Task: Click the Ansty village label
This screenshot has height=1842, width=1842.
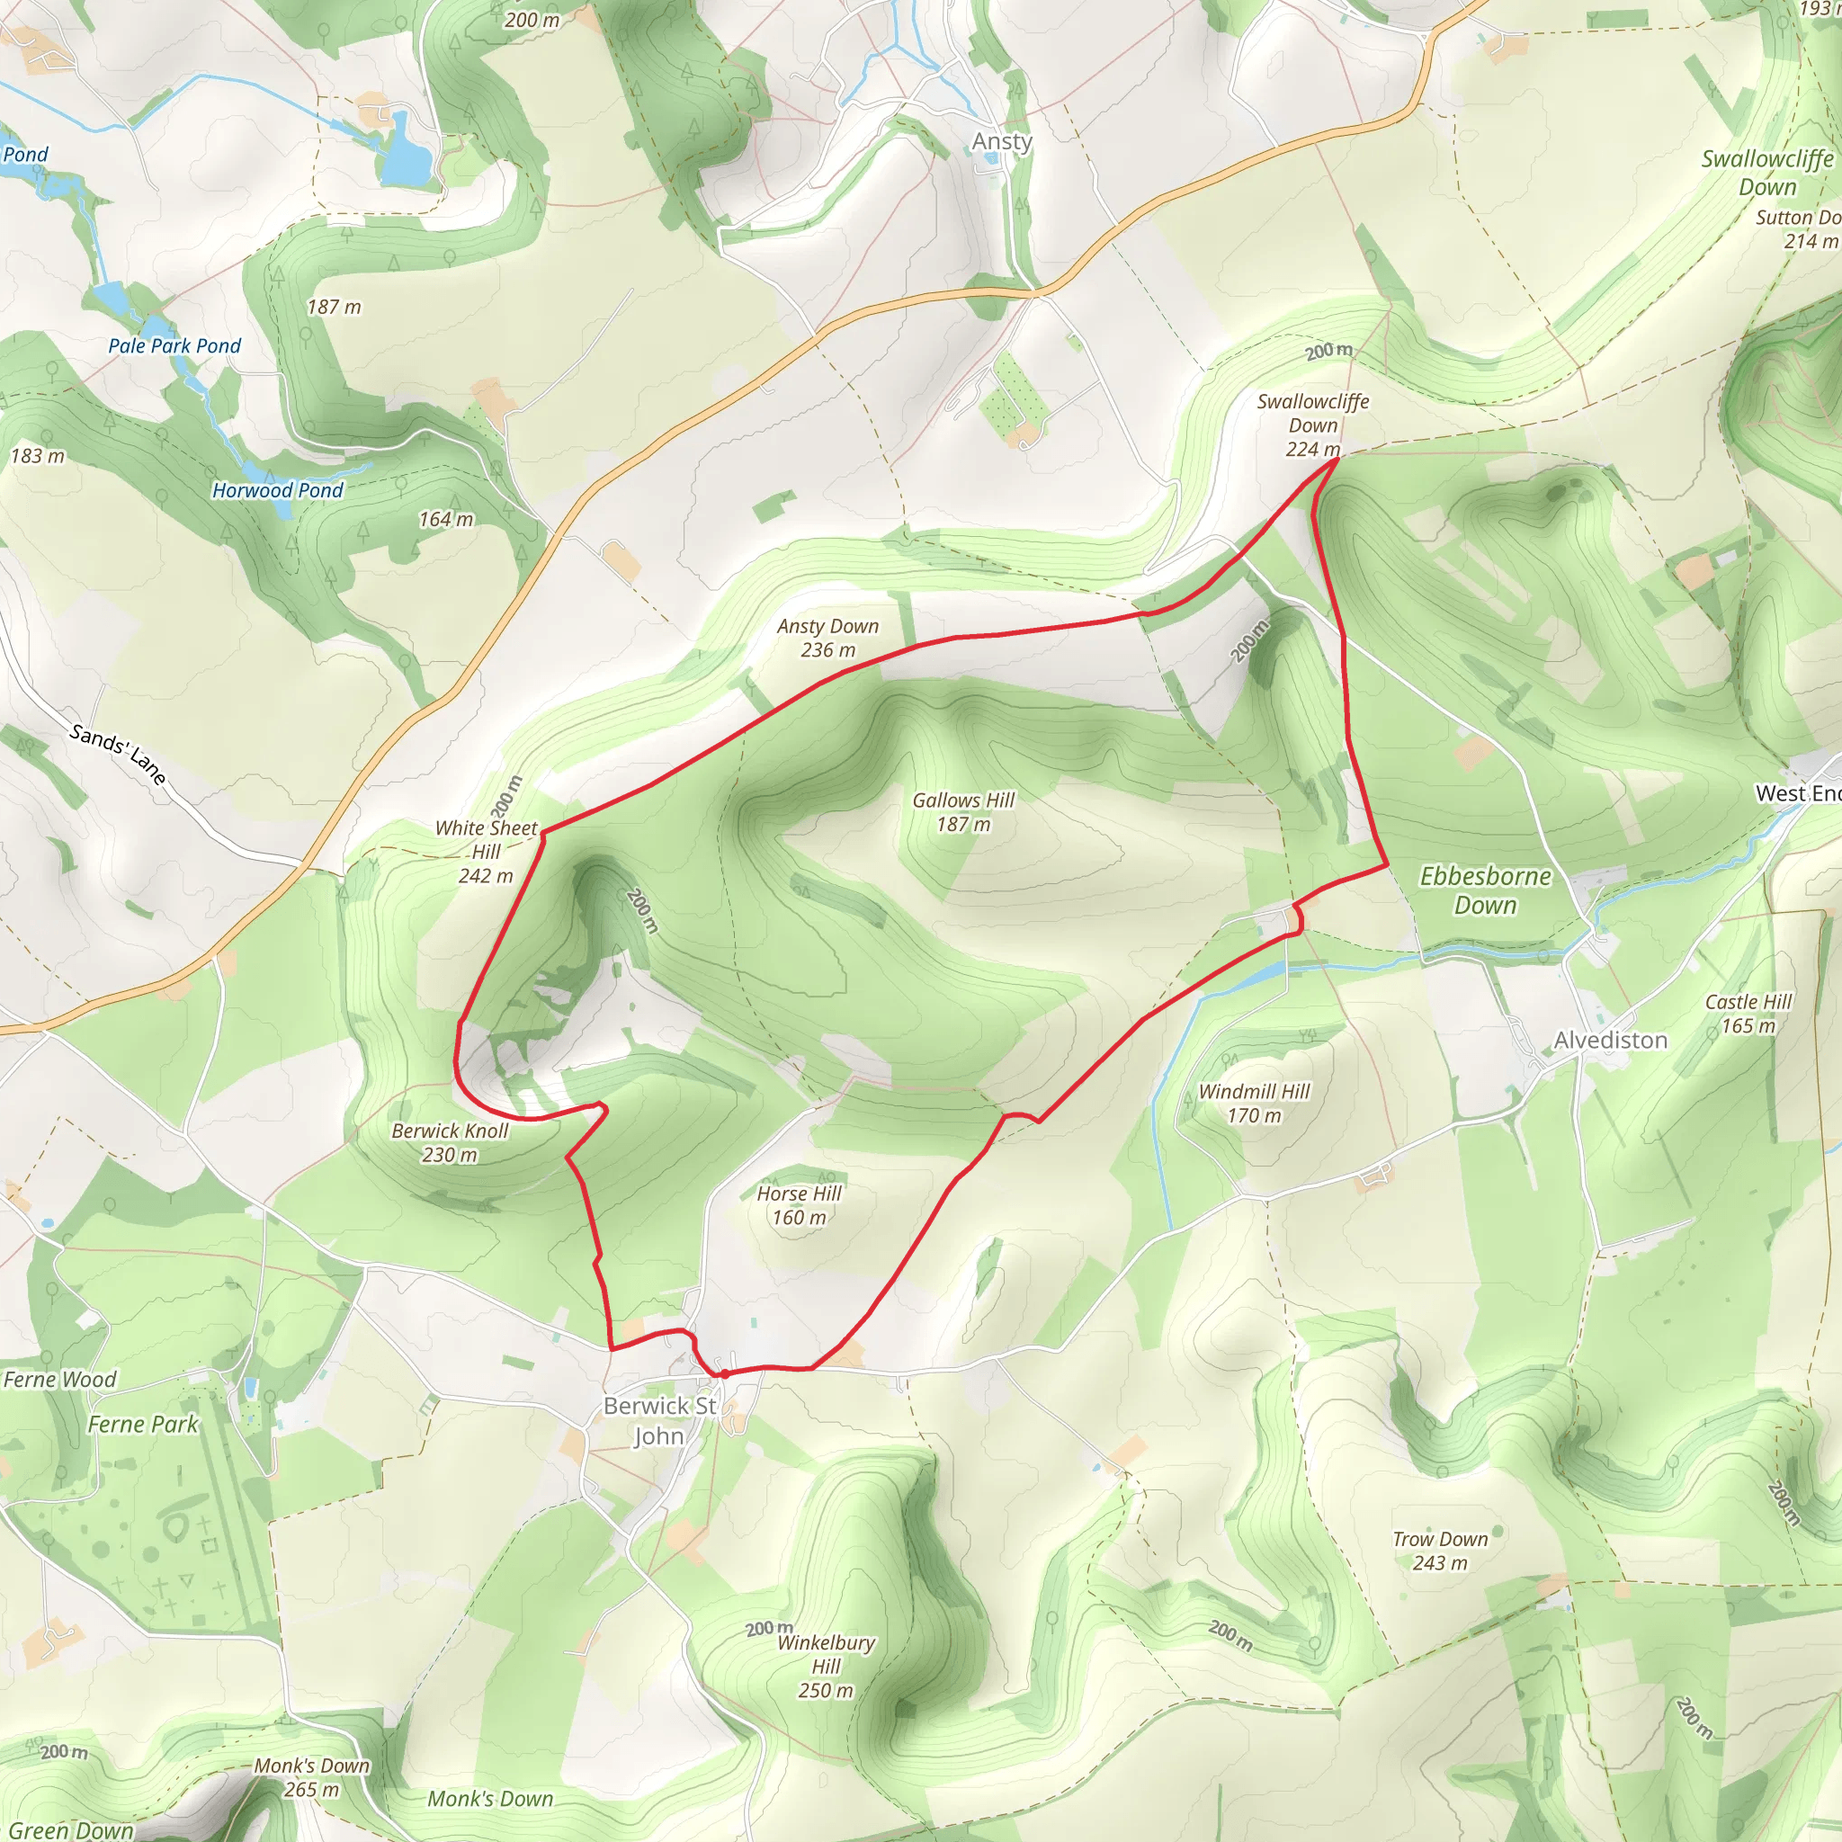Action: (x=1001, y=141)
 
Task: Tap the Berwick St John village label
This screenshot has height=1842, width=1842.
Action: (x=660, y=1420)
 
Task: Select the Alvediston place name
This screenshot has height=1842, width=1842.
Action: (x=1610, y=1041)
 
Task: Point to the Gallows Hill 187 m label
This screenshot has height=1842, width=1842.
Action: (x=963, y=812)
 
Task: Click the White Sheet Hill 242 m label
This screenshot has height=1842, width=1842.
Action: (x=487, y=852)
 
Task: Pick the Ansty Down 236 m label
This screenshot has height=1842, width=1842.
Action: (x=827, y=638)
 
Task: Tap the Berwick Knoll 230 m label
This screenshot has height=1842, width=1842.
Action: (x=450, y=1142)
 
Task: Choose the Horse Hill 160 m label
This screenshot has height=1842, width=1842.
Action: (x=799, y=1205)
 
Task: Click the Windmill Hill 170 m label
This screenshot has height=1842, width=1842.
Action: (x=1254, y=1103)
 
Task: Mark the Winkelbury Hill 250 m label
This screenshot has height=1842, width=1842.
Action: (x=826, y=1666)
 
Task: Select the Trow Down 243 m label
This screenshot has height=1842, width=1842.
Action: (x=1440, y=1551)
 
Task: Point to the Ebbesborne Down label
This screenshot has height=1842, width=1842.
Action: (x=1484, y=890)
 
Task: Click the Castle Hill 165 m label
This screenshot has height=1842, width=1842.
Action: (x=1748, y=1014)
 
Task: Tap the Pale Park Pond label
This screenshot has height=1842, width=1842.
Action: (x=174, y=346)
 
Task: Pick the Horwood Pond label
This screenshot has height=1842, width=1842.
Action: (x=277, y=490)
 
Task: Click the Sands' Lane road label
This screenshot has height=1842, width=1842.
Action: (x=118, y=753)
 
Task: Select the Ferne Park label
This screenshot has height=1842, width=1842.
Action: (x=143, y=1424)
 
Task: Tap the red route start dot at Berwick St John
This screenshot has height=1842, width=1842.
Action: (x=725, y=1374)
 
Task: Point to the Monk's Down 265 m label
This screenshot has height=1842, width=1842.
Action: (x=312, y=1777)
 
